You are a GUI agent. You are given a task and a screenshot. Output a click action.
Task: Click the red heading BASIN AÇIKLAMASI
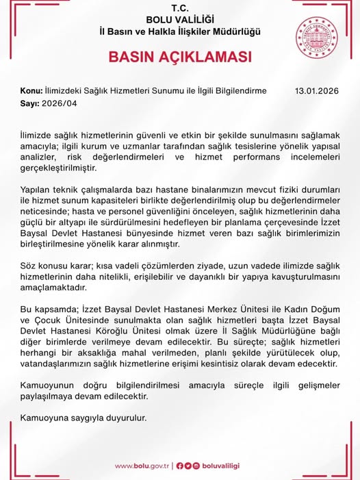tap(180, 57)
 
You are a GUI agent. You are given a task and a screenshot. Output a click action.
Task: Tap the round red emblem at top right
tap(318, 39)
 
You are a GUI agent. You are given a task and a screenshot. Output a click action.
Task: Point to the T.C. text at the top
tap(180, 8)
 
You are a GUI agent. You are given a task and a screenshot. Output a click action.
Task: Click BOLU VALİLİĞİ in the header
tap(180, 19)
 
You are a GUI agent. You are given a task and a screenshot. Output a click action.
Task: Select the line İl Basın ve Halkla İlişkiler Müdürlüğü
tap(180, 31)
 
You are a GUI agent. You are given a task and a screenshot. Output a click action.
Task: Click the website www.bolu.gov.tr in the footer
tap(142, 466)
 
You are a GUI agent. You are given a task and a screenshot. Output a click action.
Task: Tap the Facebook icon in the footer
tap(179, 466)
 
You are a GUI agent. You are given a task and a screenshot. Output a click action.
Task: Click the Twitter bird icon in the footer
tap(188, 466)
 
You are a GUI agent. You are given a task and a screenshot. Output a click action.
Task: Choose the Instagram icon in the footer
tap(196, 466)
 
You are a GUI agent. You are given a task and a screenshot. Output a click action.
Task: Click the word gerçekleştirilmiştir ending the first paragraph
tap(58, 167)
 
